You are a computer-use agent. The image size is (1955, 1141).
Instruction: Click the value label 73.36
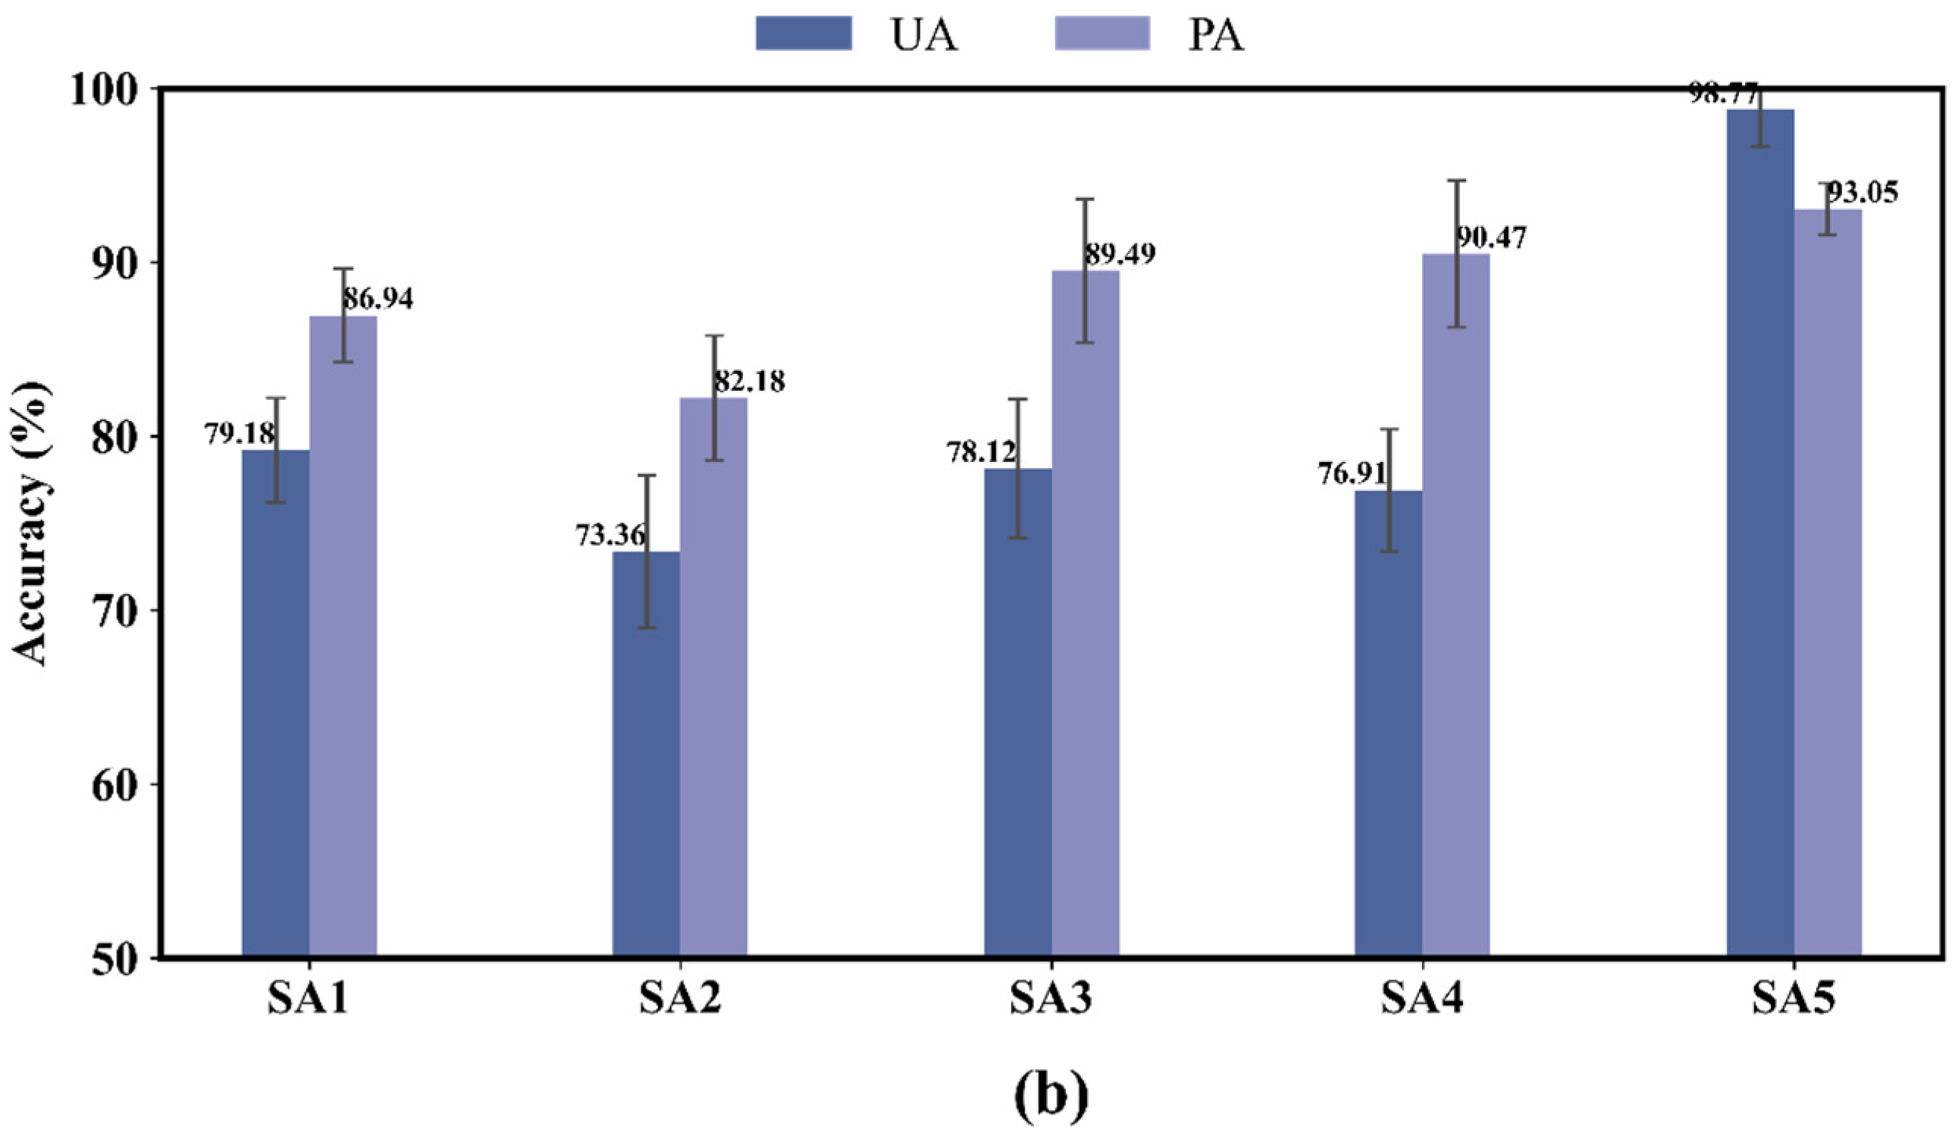click(609, 536)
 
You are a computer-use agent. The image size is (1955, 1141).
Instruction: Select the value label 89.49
click(1120, 254)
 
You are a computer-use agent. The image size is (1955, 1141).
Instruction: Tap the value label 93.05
click(1863, 193)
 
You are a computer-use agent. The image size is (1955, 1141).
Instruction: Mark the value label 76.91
click(1352, 473)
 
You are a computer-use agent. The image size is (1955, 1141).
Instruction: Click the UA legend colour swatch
click(804, 33)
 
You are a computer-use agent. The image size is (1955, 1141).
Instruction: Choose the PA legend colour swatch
click(1102, 33)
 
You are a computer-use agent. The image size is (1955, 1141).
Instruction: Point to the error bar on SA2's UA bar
click(647, 551)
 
